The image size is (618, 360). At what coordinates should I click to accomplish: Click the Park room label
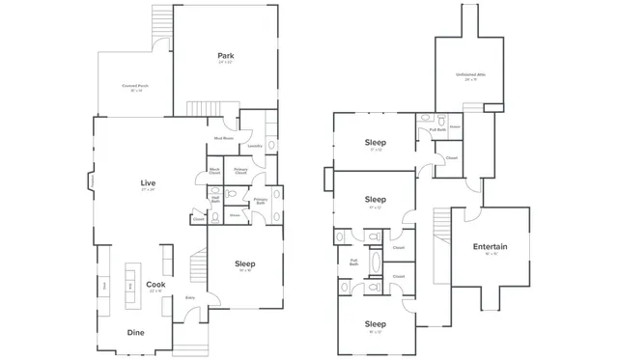click(225, 56)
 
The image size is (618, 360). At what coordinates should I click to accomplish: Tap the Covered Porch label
click(135, 86)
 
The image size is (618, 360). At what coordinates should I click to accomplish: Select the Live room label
click(148, 182)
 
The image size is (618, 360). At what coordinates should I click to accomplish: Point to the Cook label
click(154, 285)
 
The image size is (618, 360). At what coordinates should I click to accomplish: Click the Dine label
click(137, 332)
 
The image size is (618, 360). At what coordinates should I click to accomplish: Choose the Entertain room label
click(490, 247)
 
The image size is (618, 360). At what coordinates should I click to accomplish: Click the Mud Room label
click(223, 138)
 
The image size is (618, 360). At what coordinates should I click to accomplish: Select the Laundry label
click(255, 146)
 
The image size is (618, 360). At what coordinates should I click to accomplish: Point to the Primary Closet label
click(240, 172)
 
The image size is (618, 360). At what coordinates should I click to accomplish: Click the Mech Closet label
click(214, 172)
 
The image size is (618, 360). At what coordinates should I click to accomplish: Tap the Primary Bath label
click(260, 201)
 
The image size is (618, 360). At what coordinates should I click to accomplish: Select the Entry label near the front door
click(190, 297)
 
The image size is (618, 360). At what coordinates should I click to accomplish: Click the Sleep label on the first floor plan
click(245, 263)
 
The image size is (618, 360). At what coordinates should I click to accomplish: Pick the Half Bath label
click(215, 200)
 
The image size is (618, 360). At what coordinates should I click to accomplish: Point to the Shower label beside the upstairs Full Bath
click(454, 125)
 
